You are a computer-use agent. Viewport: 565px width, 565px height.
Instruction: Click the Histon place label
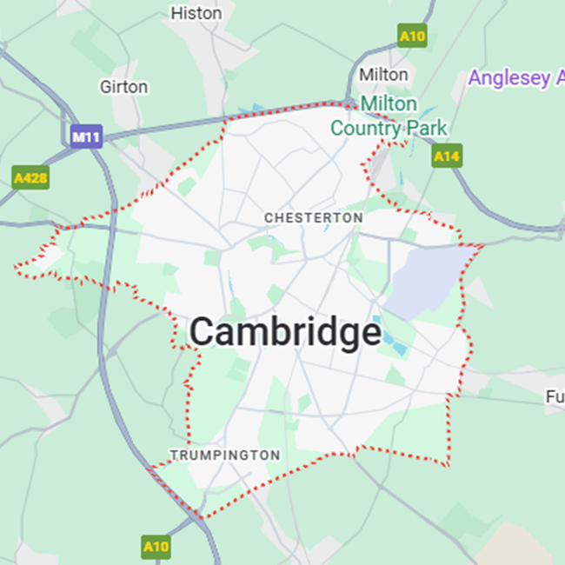pos(196,13)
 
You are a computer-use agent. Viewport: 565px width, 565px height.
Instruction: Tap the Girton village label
pos(124,87)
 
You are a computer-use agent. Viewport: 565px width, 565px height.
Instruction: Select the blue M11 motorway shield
pos(86,136)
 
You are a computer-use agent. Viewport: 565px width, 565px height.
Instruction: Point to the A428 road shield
pos(30,178)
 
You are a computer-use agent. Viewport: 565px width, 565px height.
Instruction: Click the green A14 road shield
pos(447,156)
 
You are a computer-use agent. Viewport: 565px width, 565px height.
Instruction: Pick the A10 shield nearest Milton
pos(412,36)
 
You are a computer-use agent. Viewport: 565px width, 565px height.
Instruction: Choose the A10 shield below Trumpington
pos(156,547)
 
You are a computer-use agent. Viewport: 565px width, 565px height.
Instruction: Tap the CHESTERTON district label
pos(313,217)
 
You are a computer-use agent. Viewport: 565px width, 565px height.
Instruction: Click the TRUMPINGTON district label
pos(225,455)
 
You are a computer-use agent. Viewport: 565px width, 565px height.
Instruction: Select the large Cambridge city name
pos(285,332)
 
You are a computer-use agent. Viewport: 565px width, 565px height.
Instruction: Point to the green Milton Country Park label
pos(389,116)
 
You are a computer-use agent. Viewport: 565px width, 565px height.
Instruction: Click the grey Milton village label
pos(383,75)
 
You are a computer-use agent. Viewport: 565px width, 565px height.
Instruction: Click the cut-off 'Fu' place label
pos(555,396)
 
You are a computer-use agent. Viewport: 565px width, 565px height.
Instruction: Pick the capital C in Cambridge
pos(202,331)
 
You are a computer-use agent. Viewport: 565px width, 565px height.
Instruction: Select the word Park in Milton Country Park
pos(425,128)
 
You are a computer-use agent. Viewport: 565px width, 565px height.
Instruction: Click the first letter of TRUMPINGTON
pos(173,455)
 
